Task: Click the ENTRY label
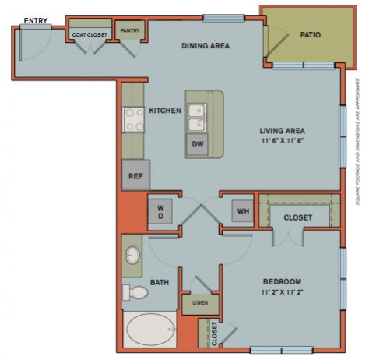coord(33,19)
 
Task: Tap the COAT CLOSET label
coord(89,34)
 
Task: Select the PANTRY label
coord(128,31)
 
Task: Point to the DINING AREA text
coord(205,45)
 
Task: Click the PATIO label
coord(310,34)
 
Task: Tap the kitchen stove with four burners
coord(132,118)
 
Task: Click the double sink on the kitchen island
coord(196,116)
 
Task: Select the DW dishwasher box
coord(197,144)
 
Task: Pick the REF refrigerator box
coord(135,175)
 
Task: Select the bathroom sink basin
coord(133,256)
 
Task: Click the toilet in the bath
coord(135,293)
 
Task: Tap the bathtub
coord(152,330)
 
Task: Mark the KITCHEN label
coord(164,111)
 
